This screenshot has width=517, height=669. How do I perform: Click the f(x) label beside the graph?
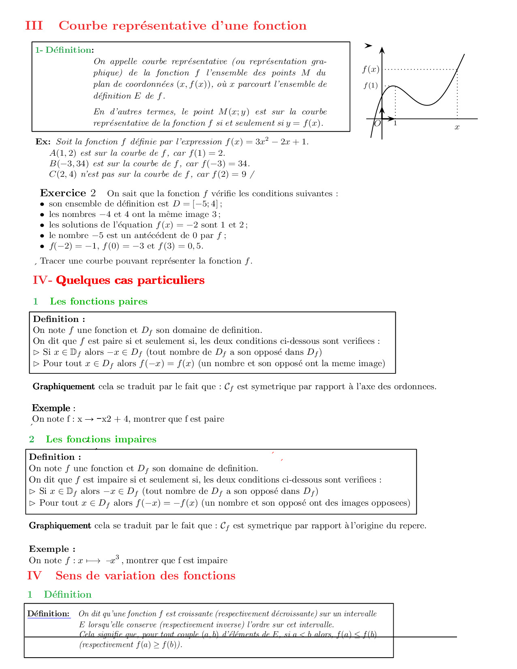(x=371, y=69)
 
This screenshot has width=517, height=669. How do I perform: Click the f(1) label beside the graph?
(x=371, y=86)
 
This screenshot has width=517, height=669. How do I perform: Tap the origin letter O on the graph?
(x=377, y=123)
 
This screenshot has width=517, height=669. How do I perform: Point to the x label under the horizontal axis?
(x=457, y=127)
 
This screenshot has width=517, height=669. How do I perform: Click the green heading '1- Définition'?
(x=64, y=50)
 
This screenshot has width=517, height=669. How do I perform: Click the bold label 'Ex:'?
(x=43, y=142)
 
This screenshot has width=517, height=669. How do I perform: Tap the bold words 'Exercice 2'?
(x=68, y=193)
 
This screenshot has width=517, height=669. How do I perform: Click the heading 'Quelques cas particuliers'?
(x=130, y=280)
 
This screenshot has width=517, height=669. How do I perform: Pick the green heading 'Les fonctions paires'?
(x=99, y=301)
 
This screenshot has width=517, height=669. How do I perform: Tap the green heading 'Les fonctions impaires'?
(x=101, y=439)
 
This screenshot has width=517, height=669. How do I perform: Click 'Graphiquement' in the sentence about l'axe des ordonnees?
(x=64, y=386)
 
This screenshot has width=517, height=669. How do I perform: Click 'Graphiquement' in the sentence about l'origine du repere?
(x=60, y=525)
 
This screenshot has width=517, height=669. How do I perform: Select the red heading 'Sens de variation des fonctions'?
(x=145, y=575)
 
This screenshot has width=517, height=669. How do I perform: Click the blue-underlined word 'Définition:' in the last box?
(x=48, y=613)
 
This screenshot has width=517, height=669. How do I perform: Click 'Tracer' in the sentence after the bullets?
(x=53, y=261)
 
